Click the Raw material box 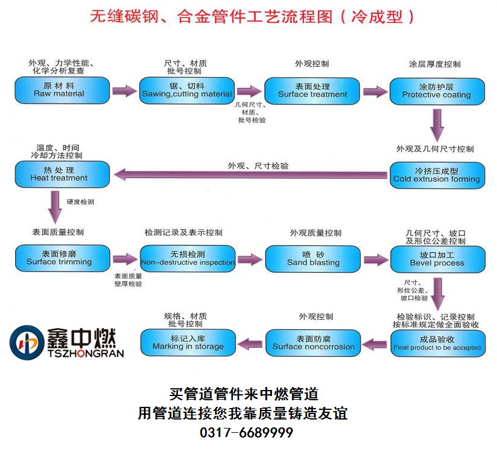click(x=62, y=90)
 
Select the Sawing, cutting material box click(x=187, y=90)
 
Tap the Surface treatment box click(x=312, y=90)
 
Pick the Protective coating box click(x=436, y=91)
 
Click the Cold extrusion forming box click(x=436, y=175)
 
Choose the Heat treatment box click(x=62, y=175)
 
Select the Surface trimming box click(x=62, y=258)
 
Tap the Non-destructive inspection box click(x=187, y=259)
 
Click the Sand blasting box click(x=312, y=259)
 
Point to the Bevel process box click(x=436, y=259)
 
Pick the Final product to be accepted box click(x=436, y=344)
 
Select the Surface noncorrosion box click(x=312, y=343)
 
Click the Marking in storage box click(x=187, y=343)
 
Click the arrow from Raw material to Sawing click(x=125, y=91)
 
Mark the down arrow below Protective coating click(x=437, y=125)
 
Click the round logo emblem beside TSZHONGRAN click(x=26, y=342)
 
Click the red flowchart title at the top click(x=253, y=16)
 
